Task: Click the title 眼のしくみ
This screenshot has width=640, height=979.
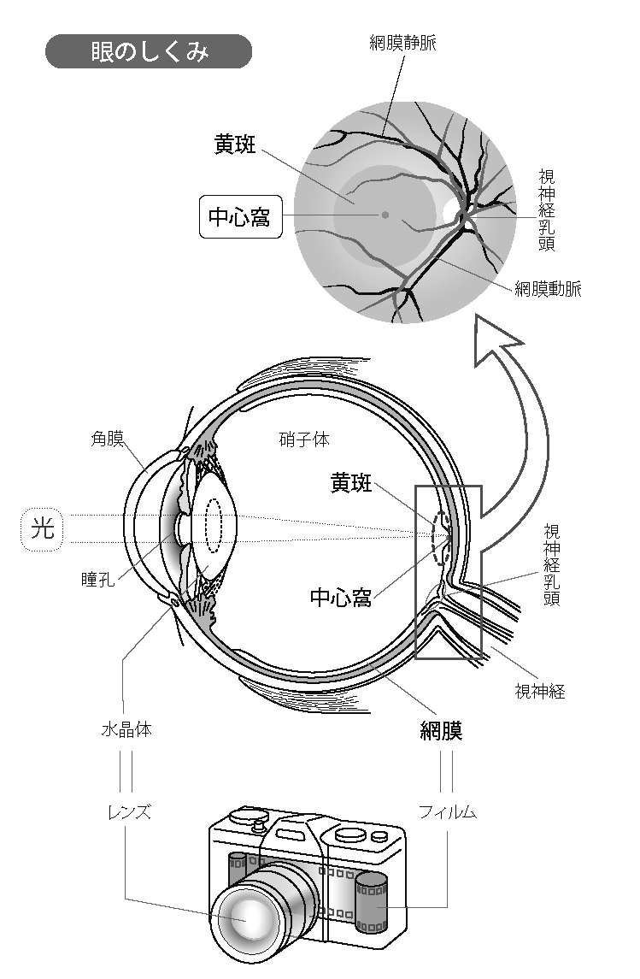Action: [x=149, y=51]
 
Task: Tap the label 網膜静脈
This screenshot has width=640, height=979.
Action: [x=402, y=43]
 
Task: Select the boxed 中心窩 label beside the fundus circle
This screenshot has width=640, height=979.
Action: [x=239, y=217]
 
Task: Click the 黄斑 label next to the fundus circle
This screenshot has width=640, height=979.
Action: [x=235, y=144]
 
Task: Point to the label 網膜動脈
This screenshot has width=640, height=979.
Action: [x=548, y=289]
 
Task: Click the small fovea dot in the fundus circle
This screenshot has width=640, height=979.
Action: [x=385, y=215]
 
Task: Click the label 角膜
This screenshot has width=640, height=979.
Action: [x=108, y=439]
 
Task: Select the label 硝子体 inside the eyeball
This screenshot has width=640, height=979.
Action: [x=304, y=439]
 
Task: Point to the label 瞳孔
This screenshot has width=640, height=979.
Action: [x=97, y=581]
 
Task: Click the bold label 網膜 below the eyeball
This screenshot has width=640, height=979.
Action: [x=441, y=731]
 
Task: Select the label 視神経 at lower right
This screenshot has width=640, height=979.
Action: [x=539, y=691]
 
